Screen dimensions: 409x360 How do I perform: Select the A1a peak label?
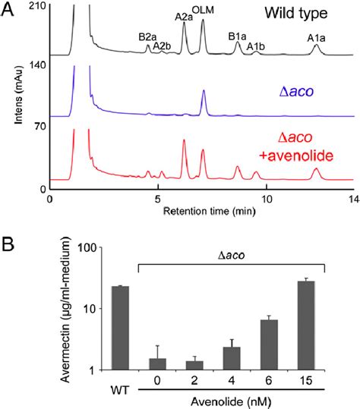(317, 38)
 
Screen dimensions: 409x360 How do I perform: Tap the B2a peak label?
(147, 36)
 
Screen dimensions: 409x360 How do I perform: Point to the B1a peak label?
(238, 36)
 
